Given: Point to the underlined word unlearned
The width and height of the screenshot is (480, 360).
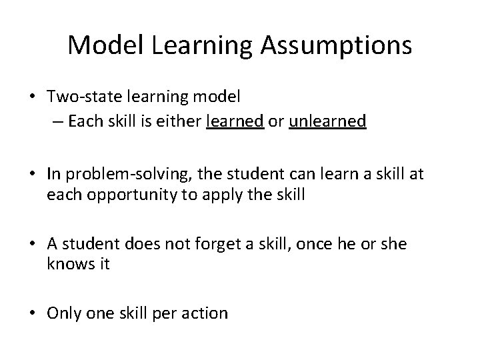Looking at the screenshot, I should point(328,121).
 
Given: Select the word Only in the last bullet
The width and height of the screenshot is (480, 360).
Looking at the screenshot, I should point(62,312).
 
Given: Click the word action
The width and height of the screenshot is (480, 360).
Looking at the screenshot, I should point(206,312).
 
